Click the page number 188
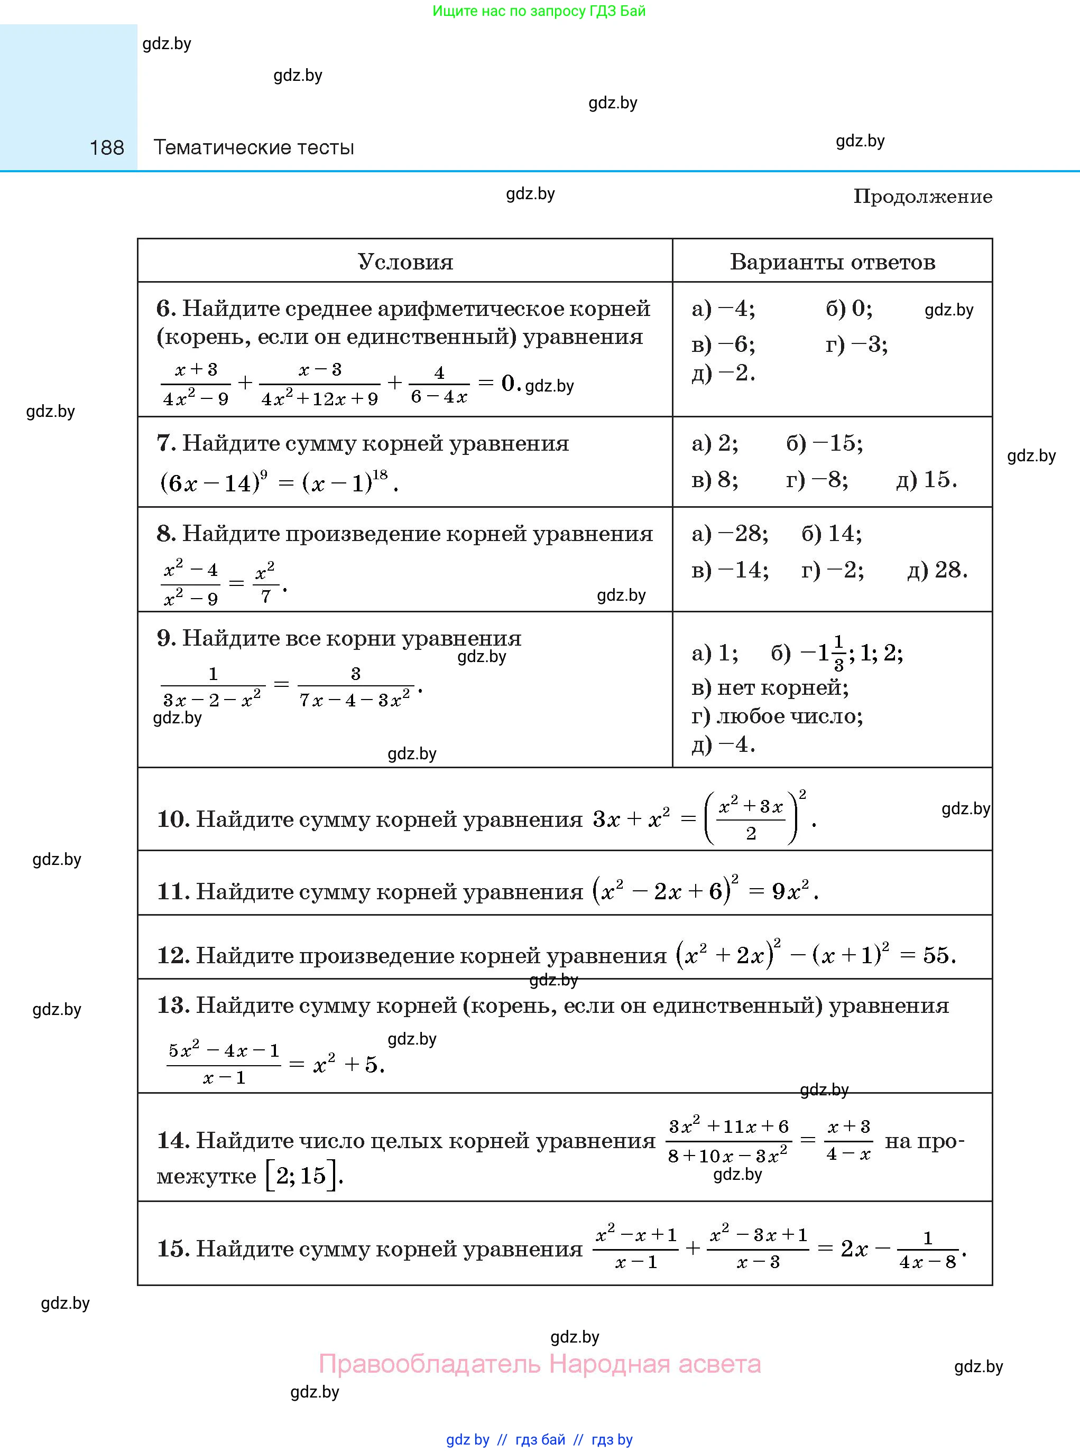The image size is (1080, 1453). pos(107,147)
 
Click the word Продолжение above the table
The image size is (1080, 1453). pos(922,197)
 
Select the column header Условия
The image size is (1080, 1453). pos(405,262)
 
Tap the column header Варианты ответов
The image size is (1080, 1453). pos(832,262)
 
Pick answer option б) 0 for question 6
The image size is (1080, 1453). pos(848,309)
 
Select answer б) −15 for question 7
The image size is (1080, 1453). pos(824,444)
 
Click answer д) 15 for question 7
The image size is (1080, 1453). pos(926,480)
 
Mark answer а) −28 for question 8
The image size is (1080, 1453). pos(730,534)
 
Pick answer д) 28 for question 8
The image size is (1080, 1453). pos(937,570)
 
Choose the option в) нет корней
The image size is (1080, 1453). pos(770,687)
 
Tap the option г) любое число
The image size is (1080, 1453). pos(777,716)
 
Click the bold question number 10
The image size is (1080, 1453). pos(172,819)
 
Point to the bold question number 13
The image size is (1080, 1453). pos(172,1005)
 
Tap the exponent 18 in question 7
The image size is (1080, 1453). pos(380,474)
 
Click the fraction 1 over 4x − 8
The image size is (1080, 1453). pos(928,1249)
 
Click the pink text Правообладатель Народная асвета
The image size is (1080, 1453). pos(539,1364)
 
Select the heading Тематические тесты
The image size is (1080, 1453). pos(254,147)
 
